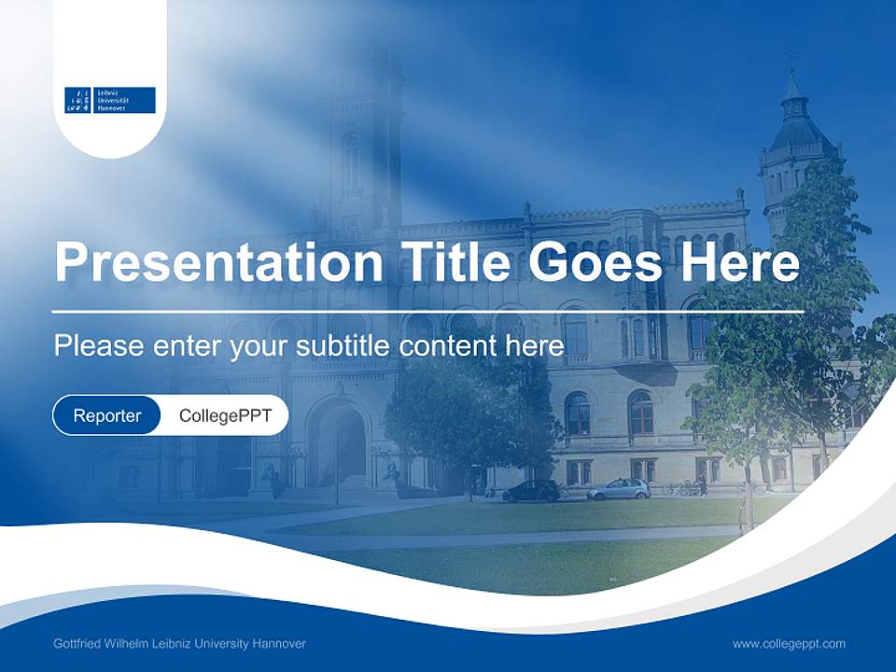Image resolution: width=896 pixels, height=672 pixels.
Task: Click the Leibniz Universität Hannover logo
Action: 109,100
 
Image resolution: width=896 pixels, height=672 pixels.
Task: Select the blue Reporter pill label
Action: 107,415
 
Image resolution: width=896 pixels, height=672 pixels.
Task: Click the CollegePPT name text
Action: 225,415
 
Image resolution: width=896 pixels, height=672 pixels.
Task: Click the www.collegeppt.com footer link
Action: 789,644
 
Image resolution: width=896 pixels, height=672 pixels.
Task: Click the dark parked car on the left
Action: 531,491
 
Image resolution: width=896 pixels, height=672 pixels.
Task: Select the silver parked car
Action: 619,489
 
